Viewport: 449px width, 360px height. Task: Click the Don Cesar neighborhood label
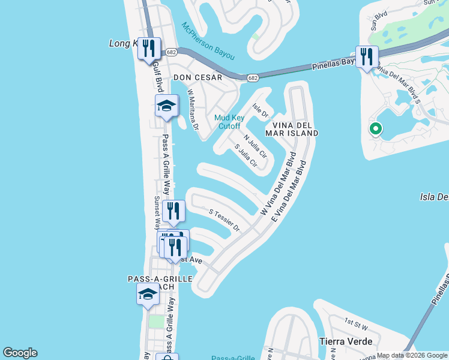pos(197,77)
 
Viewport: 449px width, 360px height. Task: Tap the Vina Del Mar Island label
pos(291,128)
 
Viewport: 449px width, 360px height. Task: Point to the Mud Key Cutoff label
pos(228,122)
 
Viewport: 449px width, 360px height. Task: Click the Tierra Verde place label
pos(345,341)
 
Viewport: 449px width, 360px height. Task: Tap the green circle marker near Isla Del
pos(375,128)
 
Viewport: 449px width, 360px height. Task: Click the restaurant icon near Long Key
pos(149,48)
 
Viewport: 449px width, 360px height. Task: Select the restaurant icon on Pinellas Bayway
pos(366,57)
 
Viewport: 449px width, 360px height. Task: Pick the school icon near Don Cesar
pos(166,106)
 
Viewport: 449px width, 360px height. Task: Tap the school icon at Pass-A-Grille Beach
pos(146,294)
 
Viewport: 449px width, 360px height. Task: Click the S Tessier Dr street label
pos(224,220)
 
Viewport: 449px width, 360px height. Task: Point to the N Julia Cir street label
pos(255,146)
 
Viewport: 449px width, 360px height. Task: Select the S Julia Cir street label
pos(246,155)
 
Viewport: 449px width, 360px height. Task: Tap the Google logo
pos(20,353)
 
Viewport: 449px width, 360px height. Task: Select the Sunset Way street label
pos(156,213)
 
